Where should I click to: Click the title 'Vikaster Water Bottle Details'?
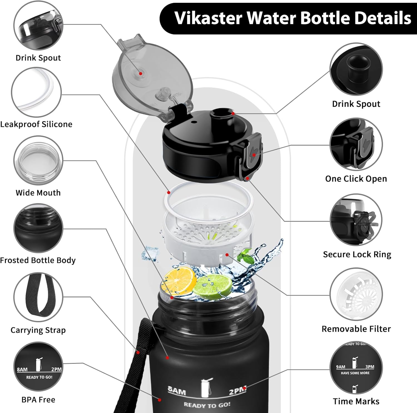tap(292, 18)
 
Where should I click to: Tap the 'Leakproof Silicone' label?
tap(36, 124)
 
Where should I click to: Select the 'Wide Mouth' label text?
tap(38, 193)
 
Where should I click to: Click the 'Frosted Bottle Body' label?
tap(38, 260)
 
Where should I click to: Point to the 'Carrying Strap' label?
tap(38, 330)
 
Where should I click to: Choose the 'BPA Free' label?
tap(38, 400)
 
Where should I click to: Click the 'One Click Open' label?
tap(356, 179)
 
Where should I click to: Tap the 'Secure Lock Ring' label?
tap(357, 255)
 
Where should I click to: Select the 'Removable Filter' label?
tap(356, 329)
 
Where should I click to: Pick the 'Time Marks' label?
tap(356, 401)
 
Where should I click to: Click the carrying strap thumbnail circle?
tap(38, 297)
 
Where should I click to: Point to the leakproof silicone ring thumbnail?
tap(36, 92)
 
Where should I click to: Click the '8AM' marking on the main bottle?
tap(177, 391)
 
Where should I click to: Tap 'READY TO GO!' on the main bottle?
tap(207, 405)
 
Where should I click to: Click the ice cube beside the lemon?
tap(150, 253)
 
